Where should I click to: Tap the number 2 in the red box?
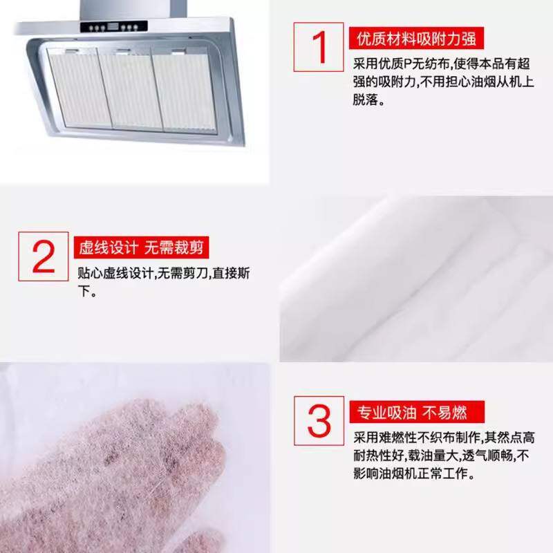click(43, 256)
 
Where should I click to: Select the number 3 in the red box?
click(319, 420)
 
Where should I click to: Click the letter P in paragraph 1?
click(408, 64)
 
